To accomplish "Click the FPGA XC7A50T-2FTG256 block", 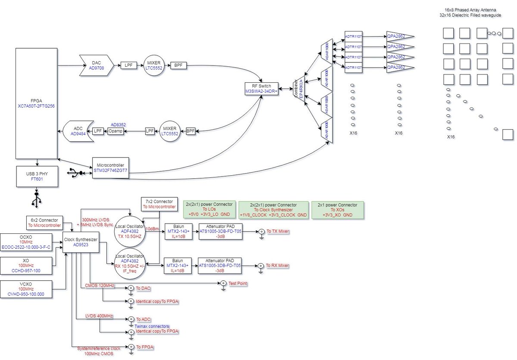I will pyautogui.click(x=37, y=103).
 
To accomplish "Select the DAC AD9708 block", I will pyautogui.click(x=96, y=65).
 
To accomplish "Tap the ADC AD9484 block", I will pyautogui.click(x=78, y=131).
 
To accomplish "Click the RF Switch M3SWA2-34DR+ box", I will pyautogui.click(x=262, y=88).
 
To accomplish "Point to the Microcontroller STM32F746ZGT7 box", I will pyautogui.click(x=110, y=168).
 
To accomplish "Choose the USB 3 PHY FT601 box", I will pyautogui.click(x=37, y=177).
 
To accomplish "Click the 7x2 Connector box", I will pyautogui.click(x=159, y=204).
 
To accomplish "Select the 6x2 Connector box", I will pyautogui.click(x=45, y=222).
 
